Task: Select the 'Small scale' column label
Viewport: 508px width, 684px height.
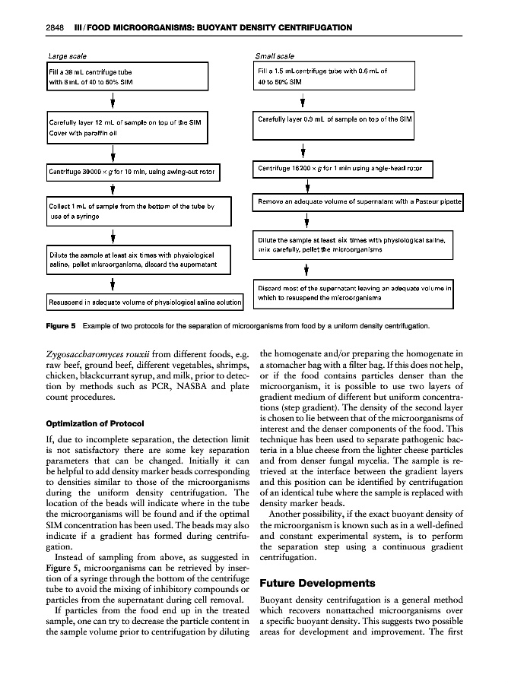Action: click(x=275, y=56)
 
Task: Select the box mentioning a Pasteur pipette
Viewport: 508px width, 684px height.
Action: click(x=356, y=202)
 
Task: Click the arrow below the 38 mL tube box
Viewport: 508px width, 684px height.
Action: click(x=113, y=100)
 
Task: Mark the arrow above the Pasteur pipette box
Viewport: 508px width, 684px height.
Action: click(x=306, y=185)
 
